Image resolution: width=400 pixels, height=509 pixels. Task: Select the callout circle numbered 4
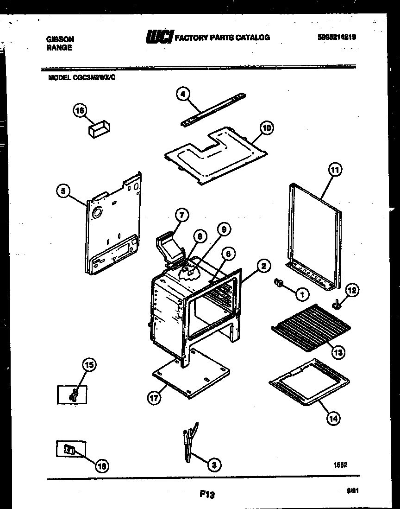click(183, 94)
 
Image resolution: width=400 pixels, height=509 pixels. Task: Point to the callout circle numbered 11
click(335, 170)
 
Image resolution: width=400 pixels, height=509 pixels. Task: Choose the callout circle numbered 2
click(263, 266)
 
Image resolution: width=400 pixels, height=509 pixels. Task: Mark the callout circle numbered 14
click(333, 418)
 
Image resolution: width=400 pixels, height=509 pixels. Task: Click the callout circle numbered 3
click(213, 464)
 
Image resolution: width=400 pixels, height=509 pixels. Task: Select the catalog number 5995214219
click(337, 37)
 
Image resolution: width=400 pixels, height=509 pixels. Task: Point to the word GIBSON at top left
click(60, 40)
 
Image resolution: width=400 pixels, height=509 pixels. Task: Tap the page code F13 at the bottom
click(207, 495)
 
